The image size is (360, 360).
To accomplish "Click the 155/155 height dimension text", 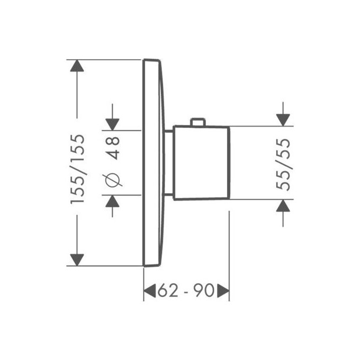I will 78,169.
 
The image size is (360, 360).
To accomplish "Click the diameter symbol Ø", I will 113,179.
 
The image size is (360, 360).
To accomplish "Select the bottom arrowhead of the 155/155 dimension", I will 78,259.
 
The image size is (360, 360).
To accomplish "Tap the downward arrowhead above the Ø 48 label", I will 113,123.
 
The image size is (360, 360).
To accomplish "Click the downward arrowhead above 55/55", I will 284,120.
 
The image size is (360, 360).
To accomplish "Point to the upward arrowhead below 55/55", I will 284,205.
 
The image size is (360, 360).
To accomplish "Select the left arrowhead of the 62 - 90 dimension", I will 149,291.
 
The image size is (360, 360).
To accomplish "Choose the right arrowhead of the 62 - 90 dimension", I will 223,291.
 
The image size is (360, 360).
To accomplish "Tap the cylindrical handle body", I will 201,163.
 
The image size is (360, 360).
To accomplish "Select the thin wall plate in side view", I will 151,163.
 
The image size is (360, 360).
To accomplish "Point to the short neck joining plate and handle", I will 168,163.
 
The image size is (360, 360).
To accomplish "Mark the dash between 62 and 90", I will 186,291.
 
